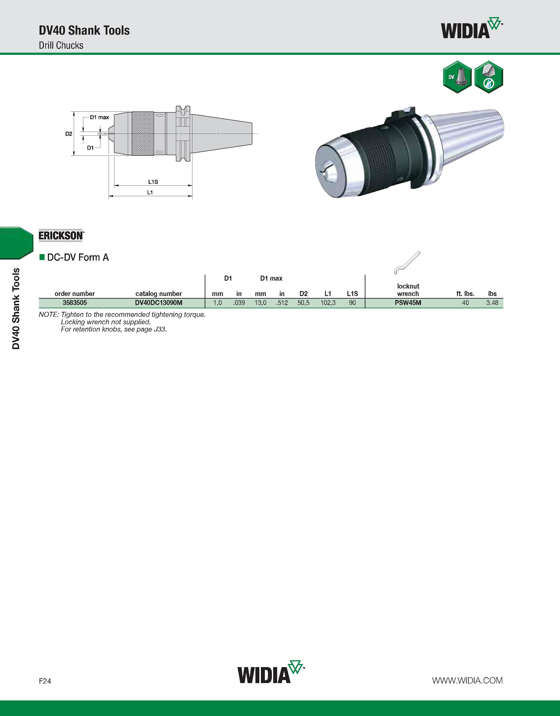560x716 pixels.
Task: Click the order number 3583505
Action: click(x=75, y=303)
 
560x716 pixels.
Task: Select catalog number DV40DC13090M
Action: click(x=159, y=303)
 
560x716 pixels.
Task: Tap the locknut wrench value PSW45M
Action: click(x=408, y=303)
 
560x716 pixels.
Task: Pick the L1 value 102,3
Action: click(x=328, y=303)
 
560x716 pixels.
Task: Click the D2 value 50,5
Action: click(x=303, y=303)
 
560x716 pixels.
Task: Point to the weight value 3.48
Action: click(x=492, y=303)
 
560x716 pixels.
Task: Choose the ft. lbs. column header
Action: click(x=465, y=294)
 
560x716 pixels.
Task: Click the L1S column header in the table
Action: click(x=352, y=294)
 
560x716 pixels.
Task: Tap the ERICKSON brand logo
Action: click(x=61, y=235)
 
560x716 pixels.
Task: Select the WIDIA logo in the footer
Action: click(x=271, y=672)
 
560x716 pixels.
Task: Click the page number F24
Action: click(x=45, y=681)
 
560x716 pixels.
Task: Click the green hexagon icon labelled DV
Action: click(x=457, y=77)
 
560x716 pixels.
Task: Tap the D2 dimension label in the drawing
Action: click(x=69, y=134)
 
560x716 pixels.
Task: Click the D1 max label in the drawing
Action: click(x=99, y=117)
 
